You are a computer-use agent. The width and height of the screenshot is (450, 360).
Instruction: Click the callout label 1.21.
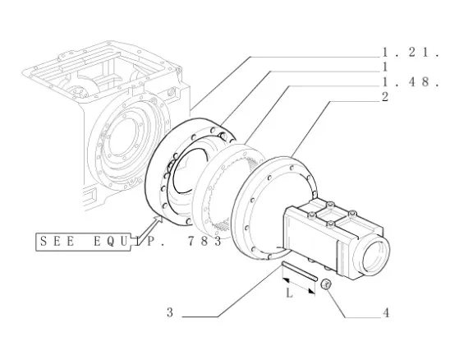click(411, 53)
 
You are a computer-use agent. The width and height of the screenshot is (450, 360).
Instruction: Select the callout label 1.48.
click(411, 82)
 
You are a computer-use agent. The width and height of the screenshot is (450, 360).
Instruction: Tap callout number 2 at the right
click(385, 97)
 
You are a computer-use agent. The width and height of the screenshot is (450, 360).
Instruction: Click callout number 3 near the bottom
click(170, 312)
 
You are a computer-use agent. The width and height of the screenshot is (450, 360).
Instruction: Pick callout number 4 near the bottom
click(386, 313)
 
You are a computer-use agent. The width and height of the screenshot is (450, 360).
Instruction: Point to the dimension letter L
click(289, 293)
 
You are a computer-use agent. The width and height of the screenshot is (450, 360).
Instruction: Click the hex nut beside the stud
click(326, 284)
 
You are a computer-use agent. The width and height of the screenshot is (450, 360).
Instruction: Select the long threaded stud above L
click(300, 271)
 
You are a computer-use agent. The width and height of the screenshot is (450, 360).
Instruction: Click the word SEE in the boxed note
click(57, 242)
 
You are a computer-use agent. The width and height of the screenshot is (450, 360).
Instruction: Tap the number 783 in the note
click(204, 242)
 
